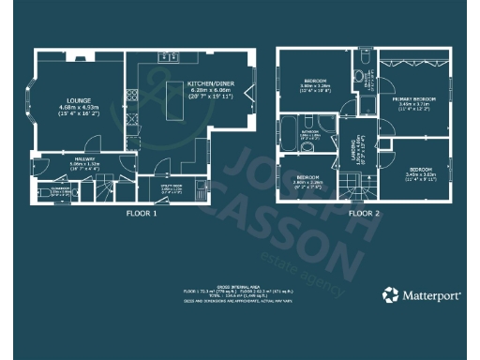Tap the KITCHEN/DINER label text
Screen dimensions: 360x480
point(209,83)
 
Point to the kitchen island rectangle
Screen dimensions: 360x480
point(174,100)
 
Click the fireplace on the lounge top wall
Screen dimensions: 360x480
point(80,55)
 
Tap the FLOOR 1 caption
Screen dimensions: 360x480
point(142,213)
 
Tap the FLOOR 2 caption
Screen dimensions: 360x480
point(364,213)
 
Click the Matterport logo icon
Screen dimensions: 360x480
point(390,295)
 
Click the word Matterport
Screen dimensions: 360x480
point(433,295)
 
